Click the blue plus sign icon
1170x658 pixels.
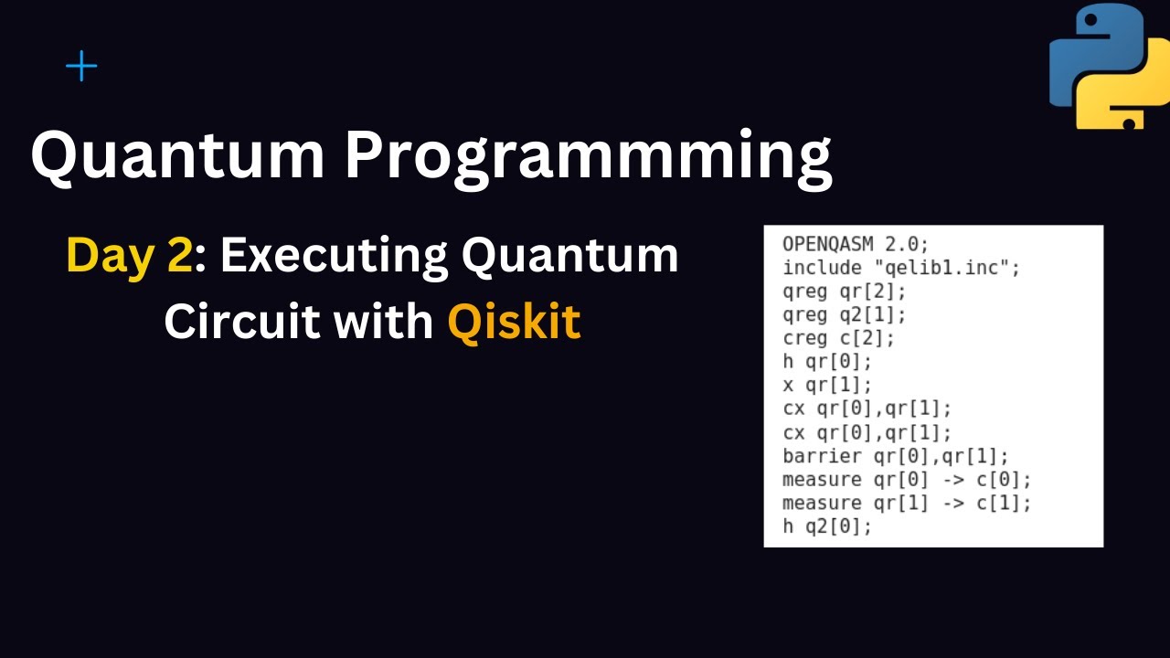point(81,67)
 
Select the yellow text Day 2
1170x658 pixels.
point(129,256)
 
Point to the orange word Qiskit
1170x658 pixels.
point(514,322)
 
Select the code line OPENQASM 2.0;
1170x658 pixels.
point(843,244)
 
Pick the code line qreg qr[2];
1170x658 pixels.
point(836,292)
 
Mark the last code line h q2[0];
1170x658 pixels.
point(825,527)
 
